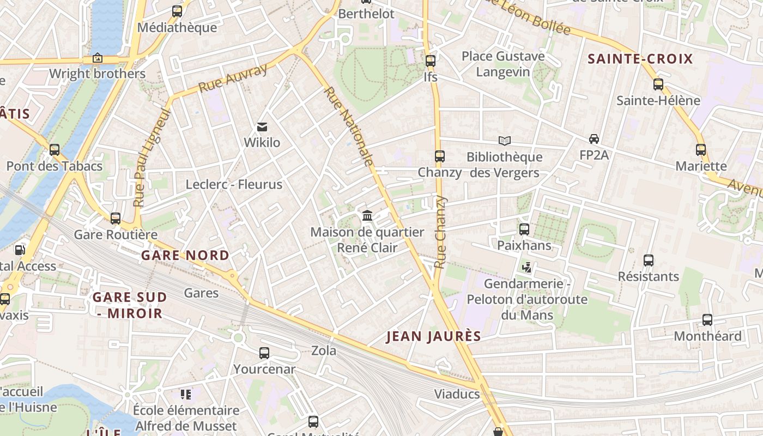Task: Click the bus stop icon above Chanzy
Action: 440,156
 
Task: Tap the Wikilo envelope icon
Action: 262,127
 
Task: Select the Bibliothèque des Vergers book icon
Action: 505,141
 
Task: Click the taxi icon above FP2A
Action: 594,139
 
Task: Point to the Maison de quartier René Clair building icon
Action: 367,216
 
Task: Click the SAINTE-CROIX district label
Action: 640,59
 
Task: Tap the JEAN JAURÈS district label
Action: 434,336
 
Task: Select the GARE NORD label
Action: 185,255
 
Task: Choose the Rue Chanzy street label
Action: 440,232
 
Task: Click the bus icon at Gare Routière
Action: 116,219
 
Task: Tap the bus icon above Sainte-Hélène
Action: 658,84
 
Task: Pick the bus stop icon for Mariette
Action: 701,150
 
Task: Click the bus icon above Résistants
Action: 649,261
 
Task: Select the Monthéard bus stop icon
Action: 707,320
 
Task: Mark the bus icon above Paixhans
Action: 524,229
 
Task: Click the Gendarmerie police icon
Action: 527,268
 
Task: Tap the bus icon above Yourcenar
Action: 264,353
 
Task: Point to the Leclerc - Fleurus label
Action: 234,184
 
